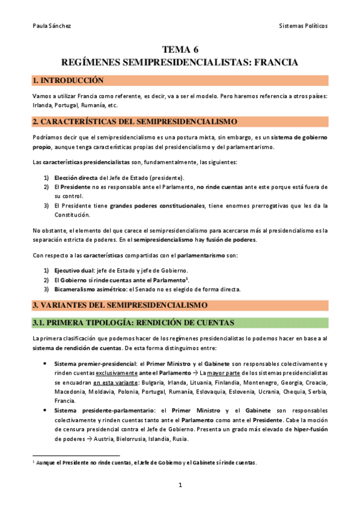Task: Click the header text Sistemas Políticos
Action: [304, 26]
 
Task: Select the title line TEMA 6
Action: [180, 50]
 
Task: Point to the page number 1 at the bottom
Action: [180, 485]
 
